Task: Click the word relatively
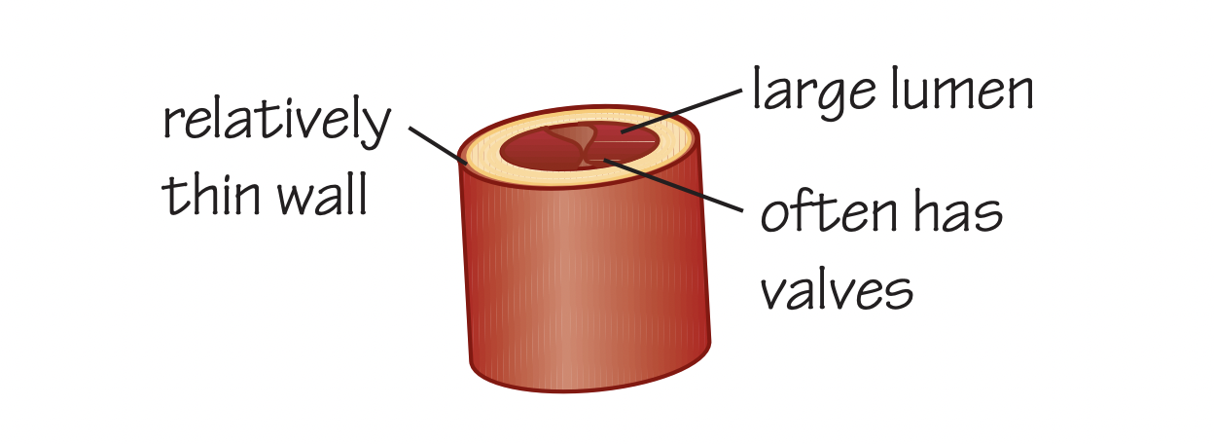277,122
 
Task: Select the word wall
322,194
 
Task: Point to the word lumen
962,88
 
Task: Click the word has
957,211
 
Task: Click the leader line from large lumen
681,111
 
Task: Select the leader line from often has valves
672,185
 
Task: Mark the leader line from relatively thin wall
438,145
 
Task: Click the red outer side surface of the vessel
586,282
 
